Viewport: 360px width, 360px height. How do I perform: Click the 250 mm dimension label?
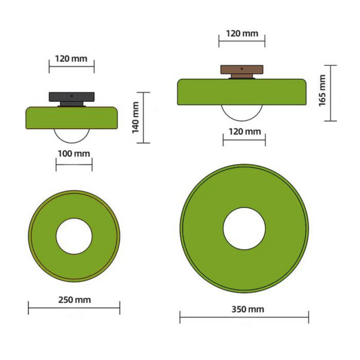click(x=73, y=300)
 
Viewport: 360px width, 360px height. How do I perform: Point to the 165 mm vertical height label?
click(x=321, y=91)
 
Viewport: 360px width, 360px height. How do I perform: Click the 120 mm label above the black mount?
click(x=71, y=58)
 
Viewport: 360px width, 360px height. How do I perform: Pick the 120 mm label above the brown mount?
click(x=242, y=33)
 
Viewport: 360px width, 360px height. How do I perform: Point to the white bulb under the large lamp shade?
click(x=242, y=112)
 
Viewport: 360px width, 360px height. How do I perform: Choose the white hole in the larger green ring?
click(x=244, y=227)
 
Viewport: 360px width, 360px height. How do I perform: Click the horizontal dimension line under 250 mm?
click(x=73, y=308)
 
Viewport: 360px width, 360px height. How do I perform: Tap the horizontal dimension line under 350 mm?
click(x=244, y=316)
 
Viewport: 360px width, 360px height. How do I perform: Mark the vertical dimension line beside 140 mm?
click(x=143, y=117)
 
